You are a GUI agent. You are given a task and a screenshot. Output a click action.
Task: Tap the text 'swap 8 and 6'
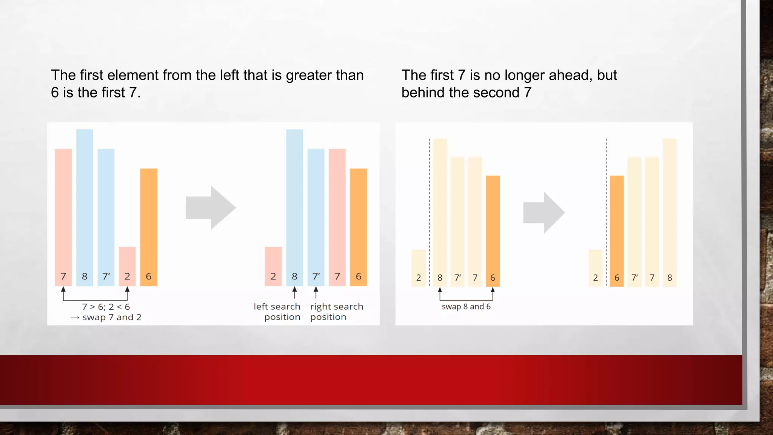[x=466, y=307]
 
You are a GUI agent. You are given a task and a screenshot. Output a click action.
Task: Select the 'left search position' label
[x=277, y=312]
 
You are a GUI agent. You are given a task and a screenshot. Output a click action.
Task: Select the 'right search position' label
[x=336, y=312]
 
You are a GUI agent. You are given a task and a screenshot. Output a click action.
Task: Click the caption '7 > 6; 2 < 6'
[x=106, y=307]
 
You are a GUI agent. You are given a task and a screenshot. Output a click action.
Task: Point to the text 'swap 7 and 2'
[x=112, y=317]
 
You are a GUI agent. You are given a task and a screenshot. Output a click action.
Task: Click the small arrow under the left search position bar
[x=294, y=292]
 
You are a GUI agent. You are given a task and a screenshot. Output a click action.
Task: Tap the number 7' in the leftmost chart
[x=106, y=276]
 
